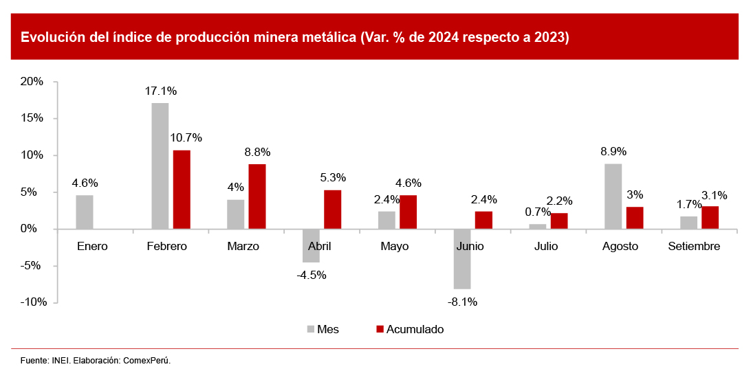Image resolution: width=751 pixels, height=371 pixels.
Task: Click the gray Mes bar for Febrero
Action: pos(160,166)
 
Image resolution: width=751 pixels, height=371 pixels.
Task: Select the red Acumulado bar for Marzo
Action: pos(257,196)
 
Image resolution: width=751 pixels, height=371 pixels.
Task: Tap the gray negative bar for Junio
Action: pos(462,258)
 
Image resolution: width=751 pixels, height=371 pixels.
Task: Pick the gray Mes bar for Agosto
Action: pos(613,196)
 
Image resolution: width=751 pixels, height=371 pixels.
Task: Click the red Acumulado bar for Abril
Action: pos(332,209)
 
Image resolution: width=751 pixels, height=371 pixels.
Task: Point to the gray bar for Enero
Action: pos(85,212)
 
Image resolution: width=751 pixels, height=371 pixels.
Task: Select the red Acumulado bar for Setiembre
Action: pos(710,217)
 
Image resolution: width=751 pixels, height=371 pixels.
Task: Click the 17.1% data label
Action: pos(160,91)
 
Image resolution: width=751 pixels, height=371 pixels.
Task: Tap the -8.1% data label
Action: pos(462,301)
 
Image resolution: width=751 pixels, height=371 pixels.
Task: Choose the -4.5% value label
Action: pos(311,276)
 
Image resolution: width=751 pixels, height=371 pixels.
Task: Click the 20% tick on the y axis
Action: pos(32,81)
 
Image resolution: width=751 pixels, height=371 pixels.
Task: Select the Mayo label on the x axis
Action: pos(394,246)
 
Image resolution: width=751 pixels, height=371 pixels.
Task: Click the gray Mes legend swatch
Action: pos(311,330)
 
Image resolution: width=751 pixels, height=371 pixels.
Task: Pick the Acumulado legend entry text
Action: pos(415,330)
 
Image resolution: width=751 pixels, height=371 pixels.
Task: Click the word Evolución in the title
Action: pos(52,37)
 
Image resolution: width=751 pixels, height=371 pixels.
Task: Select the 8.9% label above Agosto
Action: pos(613,151)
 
